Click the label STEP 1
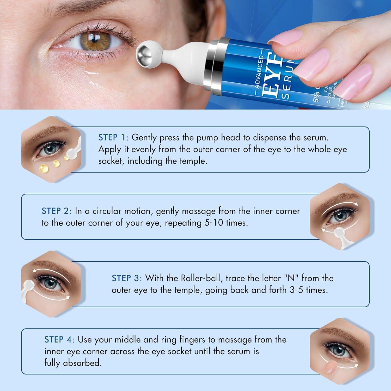point(112,137)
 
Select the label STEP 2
point(56,211)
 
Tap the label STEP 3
point(126,278)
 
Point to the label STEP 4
point(58,340)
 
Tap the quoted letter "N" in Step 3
point(291,278)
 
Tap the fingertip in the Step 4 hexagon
point(329,368)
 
